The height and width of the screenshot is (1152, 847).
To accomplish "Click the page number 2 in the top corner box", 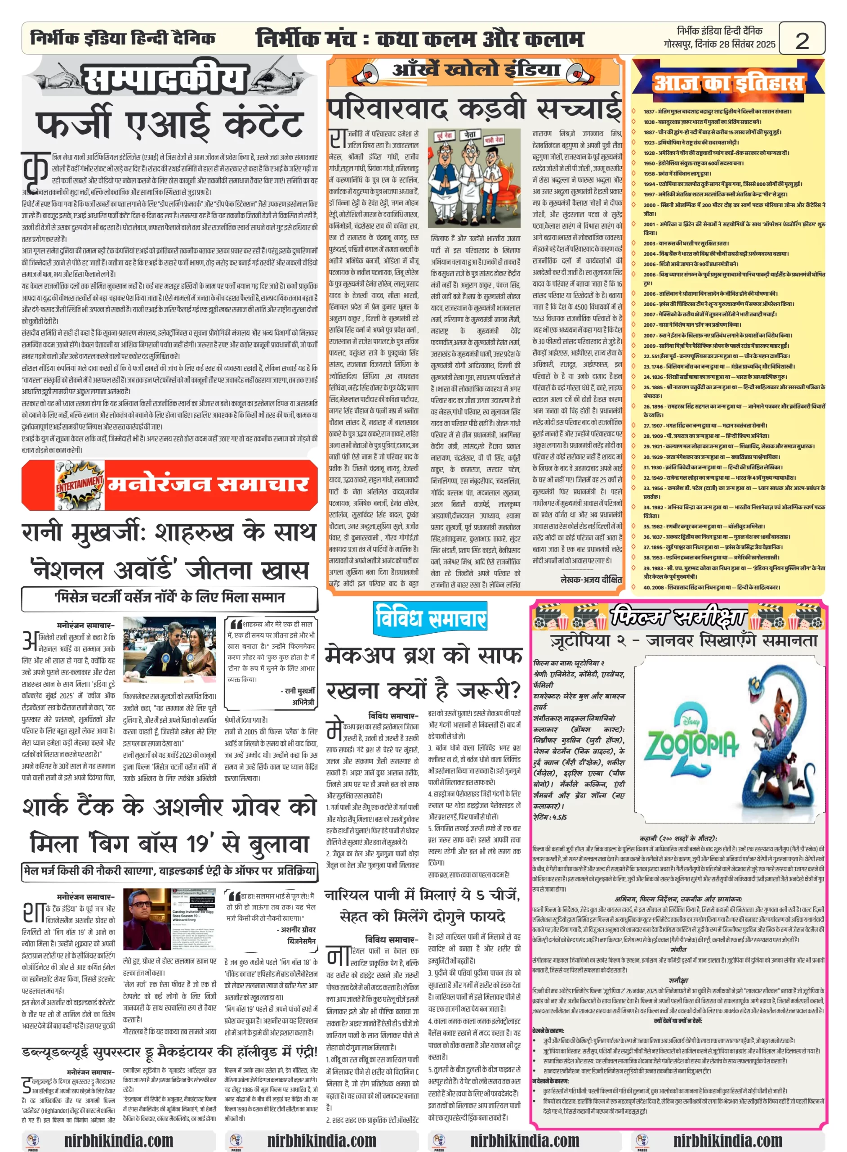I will (x=802, y=40).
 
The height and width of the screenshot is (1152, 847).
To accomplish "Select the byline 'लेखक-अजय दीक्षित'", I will (x=591, y=579).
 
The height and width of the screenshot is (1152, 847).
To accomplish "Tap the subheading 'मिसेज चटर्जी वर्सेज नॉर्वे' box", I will (x=169, y=598).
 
